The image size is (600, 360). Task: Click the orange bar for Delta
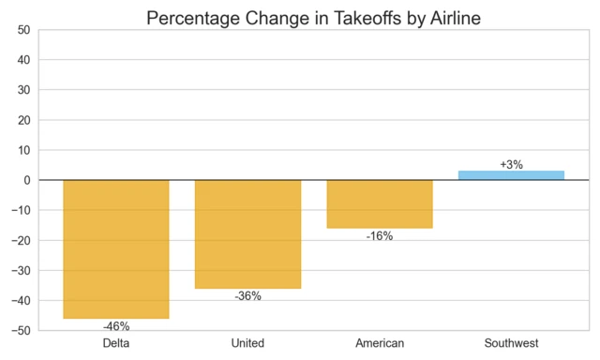pyautogui.click(x=116, y=248)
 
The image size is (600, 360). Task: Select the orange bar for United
pyautogui.click(x=247, y=233)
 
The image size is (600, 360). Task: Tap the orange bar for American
pyautogui.click(x=380, y=203)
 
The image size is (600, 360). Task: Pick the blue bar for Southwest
pyautogui.click(x=511, y=175)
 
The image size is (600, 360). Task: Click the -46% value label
pyautogui.click(x=116, y=326)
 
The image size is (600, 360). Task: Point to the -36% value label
pyautogui.click(x=247, y=296)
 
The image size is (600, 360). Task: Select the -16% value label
pyautogui.click(x=380, y=236)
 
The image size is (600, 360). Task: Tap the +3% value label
pyautogui.click(x=511, y=164)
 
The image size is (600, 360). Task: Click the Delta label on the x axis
pyautogui.click(x=116, y=343)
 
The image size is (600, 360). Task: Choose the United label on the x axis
pyautogui.click(x=247, y=343)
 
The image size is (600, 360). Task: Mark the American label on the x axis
pyautogui.click(x=380, y=343)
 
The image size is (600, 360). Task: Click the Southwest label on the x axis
pyautogui.click(x=511, y=343)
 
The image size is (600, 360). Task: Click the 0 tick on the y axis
pyautogui.click(x=27, y=180)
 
